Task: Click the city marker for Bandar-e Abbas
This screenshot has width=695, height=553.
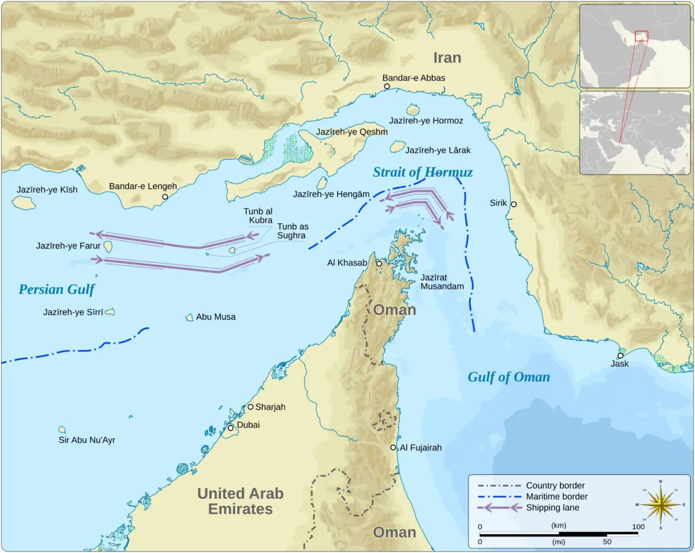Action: tap(387, 87)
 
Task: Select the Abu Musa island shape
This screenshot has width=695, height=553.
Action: tap(190, 318)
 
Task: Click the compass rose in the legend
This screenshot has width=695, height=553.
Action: tap(660, 504)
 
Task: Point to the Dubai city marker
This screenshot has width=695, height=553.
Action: tap(231, 427)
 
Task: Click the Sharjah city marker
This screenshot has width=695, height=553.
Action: tap(250, 407)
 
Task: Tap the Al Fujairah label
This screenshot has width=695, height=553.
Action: tap(421, 448)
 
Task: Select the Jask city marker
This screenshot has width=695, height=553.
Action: tap(621, 355)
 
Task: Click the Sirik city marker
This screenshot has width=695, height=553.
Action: tap(514, 204)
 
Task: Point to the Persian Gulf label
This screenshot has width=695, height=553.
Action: tap(56, 289)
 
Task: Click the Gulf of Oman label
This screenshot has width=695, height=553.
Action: tap(508, 377)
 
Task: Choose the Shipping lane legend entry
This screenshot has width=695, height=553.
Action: tap(528, 508)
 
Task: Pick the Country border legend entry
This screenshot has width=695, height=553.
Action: tap(528, 485)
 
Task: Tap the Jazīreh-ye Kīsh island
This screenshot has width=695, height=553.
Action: tap(23, 202)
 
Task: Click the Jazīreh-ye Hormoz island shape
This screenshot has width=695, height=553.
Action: tap(413, 110)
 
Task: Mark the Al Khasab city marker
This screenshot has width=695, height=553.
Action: tap(379, 264)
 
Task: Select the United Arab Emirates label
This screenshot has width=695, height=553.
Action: tap(240, 501)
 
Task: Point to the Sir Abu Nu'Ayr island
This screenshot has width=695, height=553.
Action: tap(62, 429)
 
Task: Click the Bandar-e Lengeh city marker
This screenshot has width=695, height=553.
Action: tap(165, 197)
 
